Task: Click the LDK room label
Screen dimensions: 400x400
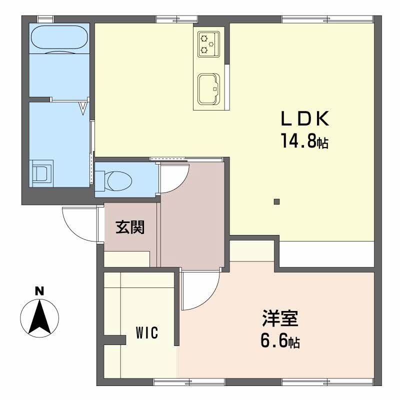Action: [x=305, y=118]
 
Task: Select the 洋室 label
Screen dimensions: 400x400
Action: [x=280, y=318]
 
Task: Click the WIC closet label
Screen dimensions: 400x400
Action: [x=147, y=332]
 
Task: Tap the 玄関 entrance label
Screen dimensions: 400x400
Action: [x=130, y=227]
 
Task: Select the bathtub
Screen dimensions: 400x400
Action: [x=59, y=37]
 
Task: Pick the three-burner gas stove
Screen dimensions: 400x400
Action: [x=208, y=44]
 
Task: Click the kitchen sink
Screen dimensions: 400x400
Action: [x=208, y=89]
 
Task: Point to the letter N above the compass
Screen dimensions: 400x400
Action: [x=39, y=291]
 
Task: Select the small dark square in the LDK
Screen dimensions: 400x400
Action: [x=276, y=202]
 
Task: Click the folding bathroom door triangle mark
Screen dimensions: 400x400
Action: [x=82, y=108]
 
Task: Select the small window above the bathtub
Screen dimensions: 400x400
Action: [x=45, y=19]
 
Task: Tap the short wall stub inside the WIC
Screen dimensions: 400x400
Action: [x=115, y=340]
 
